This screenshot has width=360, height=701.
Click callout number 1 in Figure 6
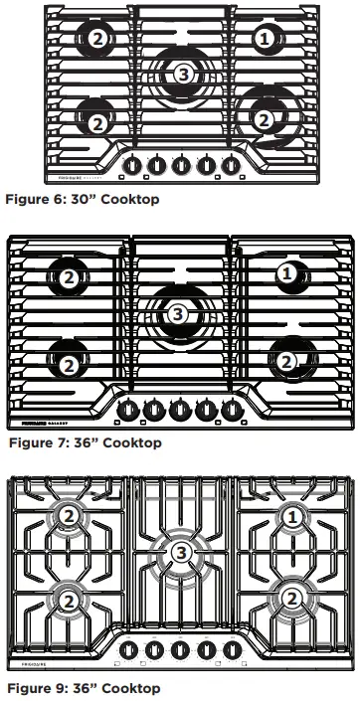click(264, 39)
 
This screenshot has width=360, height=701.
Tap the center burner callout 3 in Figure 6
click(181, 74)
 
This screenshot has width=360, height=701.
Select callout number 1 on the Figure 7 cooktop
click(286, 272)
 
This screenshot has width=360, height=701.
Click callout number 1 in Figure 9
click(290, 516)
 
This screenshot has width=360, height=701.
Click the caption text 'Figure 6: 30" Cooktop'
click(82, 199)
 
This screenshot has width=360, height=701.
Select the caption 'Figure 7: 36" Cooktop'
click(84, 442)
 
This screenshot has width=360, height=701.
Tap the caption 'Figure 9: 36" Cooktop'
click(84, 687)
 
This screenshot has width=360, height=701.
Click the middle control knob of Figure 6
click(181, 165)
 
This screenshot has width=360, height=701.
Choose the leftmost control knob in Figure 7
click(129, 408)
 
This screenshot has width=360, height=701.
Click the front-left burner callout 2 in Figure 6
click(96, 123)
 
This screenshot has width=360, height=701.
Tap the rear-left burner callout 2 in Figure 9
click(68, 516)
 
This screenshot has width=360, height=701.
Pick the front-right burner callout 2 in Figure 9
click(290, 598)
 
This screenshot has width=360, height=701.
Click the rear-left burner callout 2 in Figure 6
click(96, 39)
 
